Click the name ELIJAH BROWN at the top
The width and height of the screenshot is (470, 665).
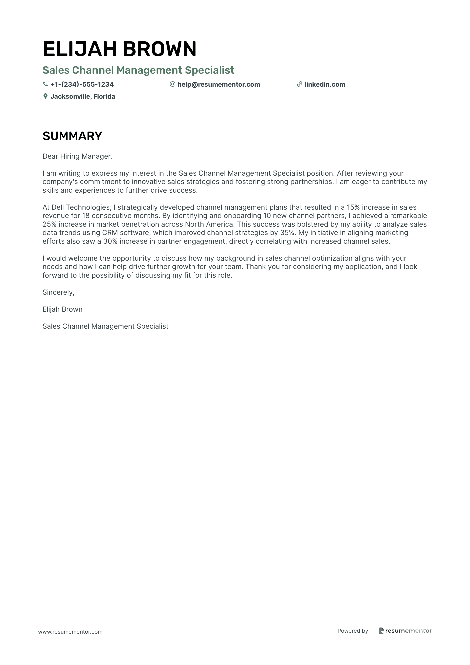120,49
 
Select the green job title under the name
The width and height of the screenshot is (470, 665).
138,70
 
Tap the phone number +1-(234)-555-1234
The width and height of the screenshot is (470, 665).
82,85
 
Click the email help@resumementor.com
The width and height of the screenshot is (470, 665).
219,85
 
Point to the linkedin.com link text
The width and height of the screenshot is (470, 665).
325,85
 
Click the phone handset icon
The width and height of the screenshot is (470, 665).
45,84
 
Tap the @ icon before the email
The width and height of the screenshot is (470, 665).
172,84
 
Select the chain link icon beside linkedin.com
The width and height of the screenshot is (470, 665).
299,84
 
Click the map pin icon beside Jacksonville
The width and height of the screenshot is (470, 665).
45,96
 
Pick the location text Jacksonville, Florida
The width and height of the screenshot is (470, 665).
83,97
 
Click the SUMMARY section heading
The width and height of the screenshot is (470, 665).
72,136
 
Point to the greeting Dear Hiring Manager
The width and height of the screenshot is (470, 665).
77,156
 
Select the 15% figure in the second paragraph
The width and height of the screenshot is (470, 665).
353,207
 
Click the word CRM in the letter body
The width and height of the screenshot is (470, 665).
110,233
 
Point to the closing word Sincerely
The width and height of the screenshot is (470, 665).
58,292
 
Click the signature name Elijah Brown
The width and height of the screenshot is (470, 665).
62,309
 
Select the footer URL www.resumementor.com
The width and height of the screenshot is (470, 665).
70,632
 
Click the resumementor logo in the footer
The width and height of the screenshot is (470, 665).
405,631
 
